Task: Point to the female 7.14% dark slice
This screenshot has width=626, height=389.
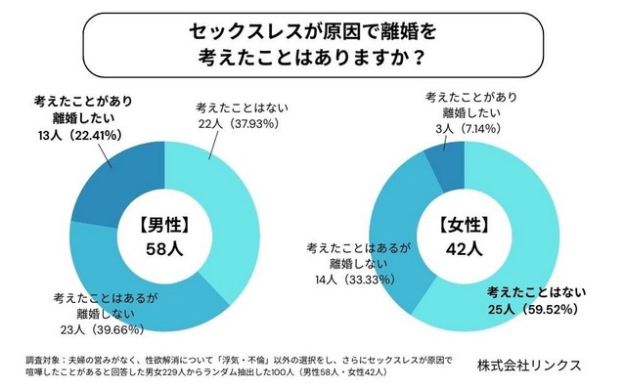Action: coord(448,162)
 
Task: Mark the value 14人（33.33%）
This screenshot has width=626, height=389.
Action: coord(337,280)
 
